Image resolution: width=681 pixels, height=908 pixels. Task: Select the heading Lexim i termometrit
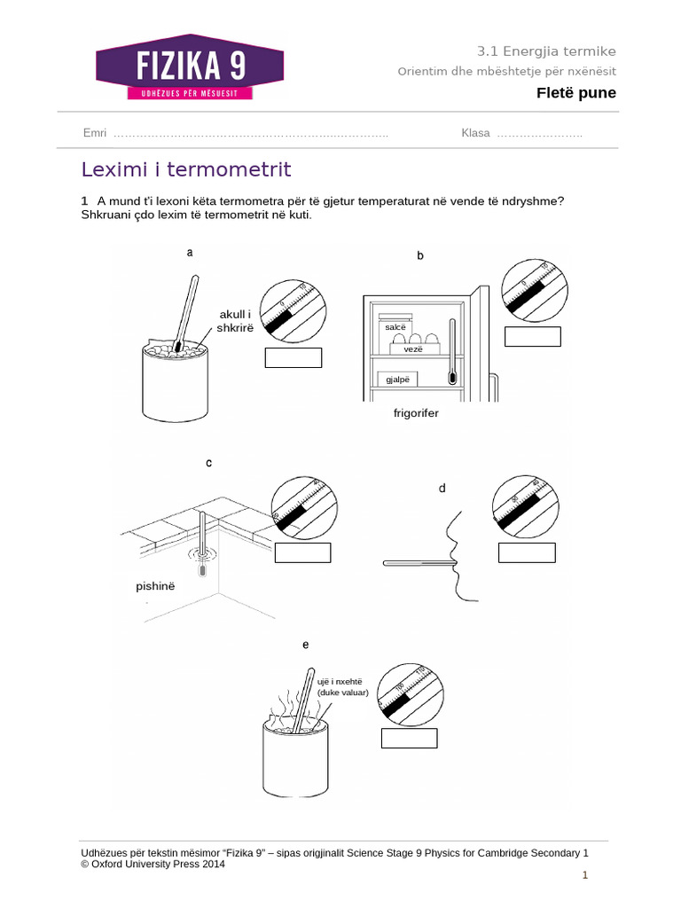(186, 169)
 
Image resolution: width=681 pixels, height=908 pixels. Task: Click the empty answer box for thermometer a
(294, 358)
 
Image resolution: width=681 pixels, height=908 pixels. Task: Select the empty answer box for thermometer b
(532, 336)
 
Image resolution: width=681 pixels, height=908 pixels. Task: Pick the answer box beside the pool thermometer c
(302, 552)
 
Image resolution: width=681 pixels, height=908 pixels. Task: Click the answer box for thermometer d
(527, 552)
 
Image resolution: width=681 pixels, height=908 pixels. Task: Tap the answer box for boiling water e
(409, 738)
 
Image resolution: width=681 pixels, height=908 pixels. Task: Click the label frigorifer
(416, 413)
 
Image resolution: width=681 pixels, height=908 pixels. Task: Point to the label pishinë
(156, 587)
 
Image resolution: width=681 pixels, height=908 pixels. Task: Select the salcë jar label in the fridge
(395, 327)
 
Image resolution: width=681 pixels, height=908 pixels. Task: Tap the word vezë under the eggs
(413, 349)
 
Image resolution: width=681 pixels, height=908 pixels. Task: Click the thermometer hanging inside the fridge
(453, 353)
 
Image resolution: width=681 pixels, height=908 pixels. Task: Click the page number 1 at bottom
(585, 876)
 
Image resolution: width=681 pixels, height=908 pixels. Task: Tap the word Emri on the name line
(94, 133)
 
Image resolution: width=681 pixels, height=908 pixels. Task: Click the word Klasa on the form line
(475, 133)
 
